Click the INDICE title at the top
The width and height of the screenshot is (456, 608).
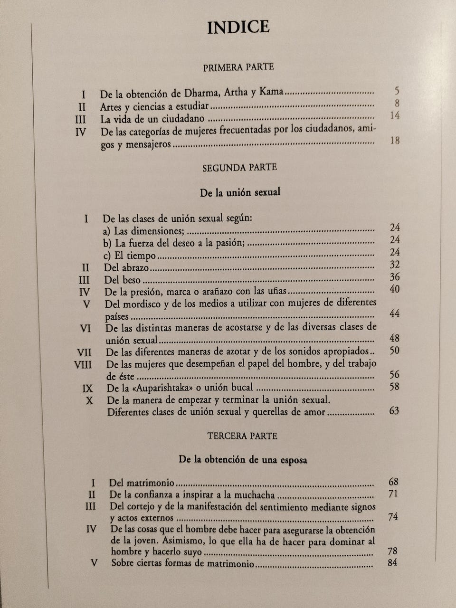click(238, 27)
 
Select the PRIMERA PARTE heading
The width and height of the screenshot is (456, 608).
click(238, 67)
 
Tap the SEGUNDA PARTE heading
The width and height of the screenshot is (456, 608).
click(239, 168)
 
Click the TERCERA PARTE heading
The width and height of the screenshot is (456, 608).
click(242, 436)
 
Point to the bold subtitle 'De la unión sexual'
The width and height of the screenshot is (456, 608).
click(240, 192)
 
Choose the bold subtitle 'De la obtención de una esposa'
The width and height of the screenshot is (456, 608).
click(243, 460)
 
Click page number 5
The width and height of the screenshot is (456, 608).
click(397, 91)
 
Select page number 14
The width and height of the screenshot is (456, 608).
click(394, 115)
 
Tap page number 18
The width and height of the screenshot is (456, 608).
click(394, 141)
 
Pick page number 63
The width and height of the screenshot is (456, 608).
click(394, 410)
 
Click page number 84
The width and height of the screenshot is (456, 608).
click(392, 563)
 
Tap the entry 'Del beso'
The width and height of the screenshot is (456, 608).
click(123, 280)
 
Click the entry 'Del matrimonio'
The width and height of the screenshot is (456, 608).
click(142, 483)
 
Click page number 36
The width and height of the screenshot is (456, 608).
click(394, 277)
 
